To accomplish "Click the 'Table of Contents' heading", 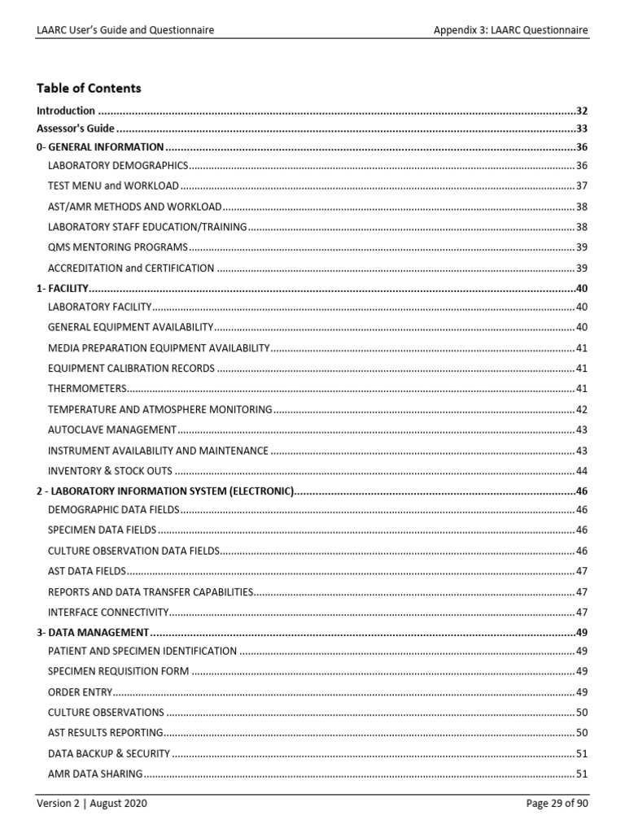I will [89, 88].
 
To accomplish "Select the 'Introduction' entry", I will [66, 111].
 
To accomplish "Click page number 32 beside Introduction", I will [582, 111].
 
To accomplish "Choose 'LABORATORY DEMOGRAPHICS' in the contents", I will [118, 165].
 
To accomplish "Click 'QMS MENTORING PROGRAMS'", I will [117, 247].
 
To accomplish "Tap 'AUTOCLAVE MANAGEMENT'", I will [111, 430].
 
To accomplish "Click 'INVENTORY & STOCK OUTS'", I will [111, 470].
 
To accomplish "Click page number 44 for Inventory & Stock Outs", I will [582, 470].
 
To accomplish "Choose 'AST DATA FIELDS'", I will [87, 571].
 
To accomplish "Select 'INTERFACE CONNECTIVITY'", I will [108, 612].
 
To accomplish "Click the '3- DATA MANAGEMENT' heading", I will [93, 632].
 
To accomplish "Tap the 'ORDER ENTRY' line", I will [80, 692].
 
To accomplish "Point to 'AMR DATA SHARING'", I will [95, 774].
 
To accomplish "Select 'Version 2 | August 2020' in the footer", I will [92, 804].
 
